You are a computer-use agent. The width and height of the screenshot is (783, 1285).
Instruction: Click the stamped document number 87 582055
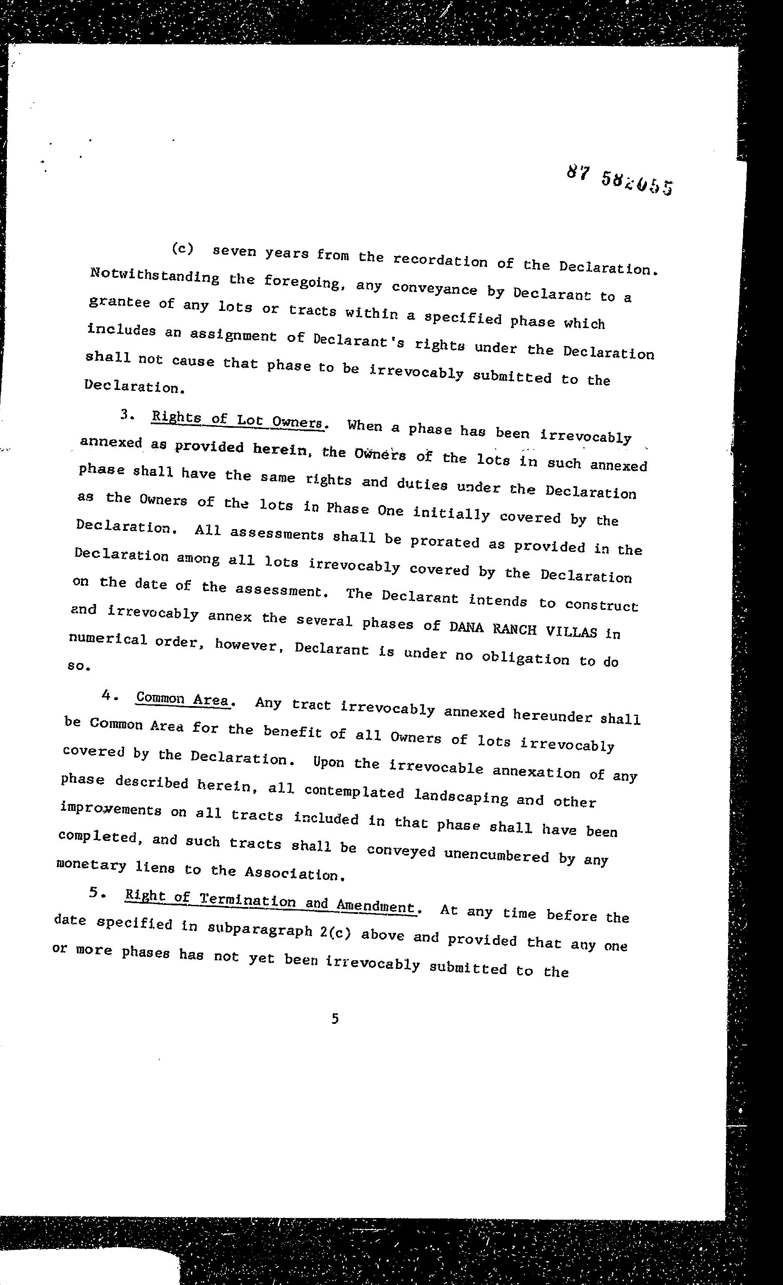(x=619, y=180)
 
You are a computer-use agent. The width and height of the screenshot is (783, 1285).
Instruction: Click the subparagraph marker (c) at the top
(x=182, y=249)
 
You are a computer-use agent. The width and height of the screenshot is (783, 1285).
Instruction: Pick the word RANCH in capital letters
(x=515, y=630)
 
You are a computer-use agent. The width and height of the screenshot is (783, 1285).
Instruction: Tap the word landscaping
(x=461, y=797)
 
